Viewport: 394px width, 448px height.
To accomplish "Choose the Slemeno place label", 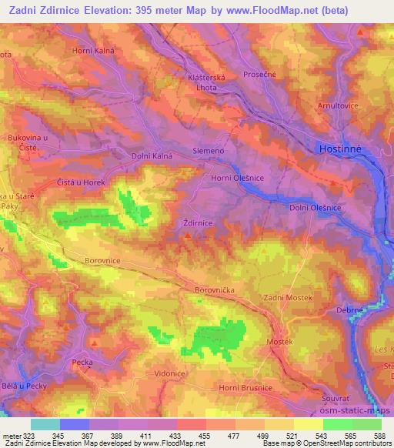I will (208, 151).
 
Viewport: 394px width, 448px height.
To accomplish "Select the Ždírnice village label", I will (197, 222).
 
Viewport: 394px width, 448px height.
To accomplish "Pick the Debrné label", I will (350, 309).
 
